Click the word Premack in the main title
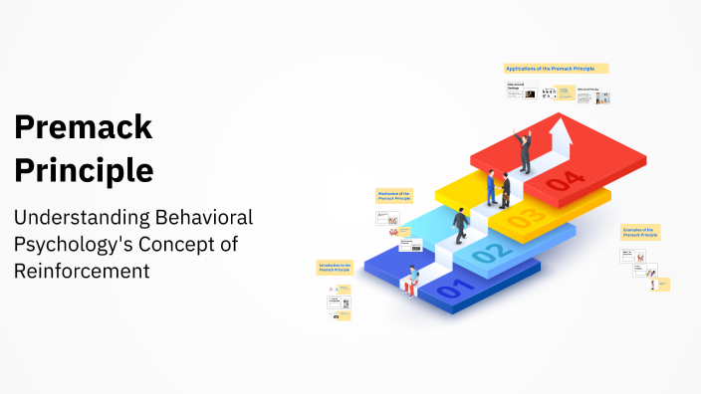83,127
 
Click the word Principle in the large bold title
83,170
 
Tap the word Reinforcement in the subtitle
81,270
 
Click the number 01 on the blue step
451,290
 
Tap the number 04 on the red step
565,180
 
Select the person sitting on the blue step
410,282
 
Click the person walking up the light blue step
461,226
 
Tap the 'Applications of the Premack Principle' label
556,69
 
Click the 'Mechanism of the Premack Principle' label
393,196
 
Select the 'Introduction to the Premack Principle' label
335,269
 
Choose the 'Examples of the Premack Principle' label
640,232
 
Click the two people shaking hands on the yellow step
499,187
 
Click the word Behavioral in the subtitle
207,218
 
